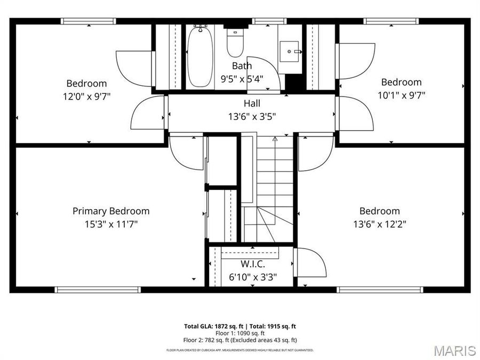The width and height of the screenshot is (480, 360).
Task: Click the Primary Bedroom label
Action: [x=111, y=211]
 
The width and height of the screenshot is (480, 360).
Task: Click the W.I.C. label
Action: [x=252, y=264]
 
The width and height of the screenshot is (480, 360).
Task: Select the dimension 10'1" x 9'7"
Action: [x=401, y=95]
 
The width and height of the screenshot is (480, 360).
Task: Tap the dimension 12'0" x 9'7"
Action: [x=86, y=97]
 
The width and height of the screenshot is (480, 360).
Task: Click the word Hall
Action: [x=252, y=103]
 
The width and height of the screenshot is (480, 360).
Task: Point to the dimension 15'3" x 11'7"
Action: [x=111, y=224]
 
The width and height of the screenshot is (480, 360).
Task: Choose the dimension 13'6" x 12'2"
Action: [x=379, y=224]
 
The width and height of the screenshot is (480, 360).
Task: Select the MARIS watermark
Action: [x=454, y=350]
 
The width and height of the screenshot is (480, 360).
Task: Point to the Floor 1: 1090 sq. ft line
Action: [x=240, y=333]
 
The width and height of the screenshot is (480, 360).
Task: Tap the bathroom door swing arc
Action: [x=264, y=72]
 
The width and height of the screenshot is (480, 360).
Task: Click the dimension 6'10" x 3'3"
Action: [x=252, y=276]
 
